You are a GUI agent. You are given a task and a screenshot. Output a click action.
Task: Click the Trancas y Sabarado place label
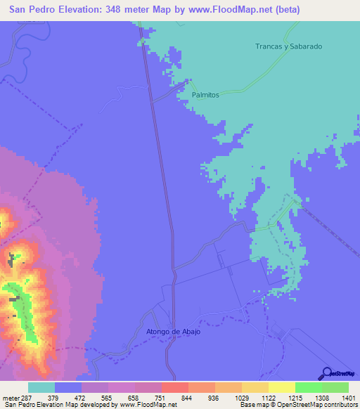pos(288,46)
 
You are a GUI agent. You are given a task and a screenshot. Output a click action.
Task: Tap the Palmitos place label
pos(205,94)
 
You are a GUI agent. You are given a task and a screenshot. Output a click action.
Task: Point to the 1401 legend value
pos(348,398)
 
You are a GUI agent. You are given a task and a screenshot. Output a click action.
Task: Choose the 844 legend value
pos(188,398)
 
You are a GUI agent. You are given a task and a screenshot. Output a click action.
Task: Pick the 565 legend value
pos(108,398)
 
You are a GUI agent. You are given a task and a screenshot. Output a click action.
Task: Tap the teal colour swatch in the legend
pos(41,387)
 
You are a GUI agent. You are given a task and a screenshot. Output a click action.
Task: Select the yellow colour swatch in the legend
pos(282,387)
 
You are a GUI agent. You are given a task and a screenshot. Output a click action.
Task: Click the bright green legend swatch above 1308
pos(309,387)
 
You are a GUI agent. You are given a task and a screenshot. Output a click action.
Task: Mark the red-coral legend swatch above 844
pos(175,387)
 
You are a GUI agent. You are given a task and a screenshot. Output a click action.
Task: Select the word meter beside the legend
pos(10,398)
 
